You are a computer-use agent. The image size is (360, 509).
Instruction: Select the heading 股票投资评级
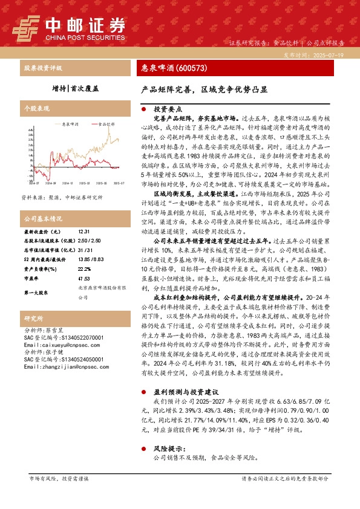pyautogui.click(x=43, y=68)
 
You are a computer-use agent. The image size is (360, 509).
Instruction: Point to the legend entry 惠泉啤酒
pyautogui.click(x=70, y=123)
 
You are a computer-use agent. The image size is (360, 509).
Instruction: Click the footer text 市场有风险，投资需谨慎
pyautogui.click(x=59, y=495)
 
